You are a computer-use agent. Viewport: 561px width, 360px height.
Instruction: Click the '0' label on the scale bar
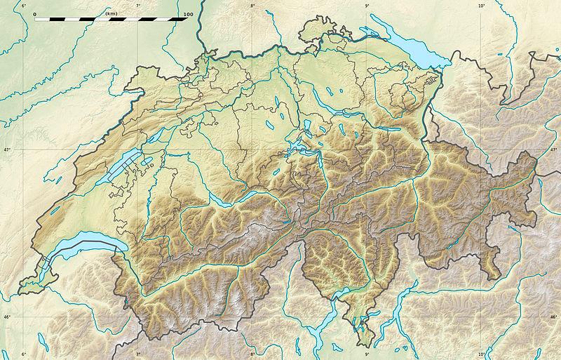34,13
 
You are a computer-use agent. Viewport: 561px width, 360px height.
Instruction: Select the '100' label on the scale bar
187,13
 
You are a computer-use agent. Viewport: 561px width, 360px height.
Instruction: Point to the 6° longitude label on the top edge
24,6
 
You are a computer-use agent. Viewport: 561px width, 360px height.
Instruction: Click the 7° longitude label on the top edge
138,6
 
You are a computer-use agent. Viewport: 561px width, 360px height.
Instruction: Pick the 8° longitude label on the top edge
252,6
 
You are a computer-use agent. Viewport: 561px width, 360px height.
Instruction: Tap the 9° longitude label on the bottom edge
367,354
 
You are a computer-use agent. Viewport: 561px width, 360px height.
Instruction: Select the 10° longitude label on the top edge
482,6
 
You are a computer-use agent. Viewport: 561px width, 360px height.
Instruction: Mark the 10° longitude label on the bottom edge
482,354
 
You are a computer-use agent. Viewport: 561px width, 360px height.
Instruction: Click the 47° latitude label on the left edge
7,150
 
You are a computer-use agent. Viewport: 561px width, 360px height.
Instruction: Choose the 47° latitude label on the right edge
553,150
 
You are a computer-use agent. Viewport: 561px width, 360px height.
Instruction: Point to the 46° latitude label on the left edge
7,317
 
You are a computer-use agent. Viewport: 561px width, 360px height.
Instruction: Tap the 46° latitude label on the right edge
553,317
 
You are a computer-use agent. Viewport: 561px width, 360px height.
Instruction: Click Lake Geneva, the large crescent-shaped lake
77,246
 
